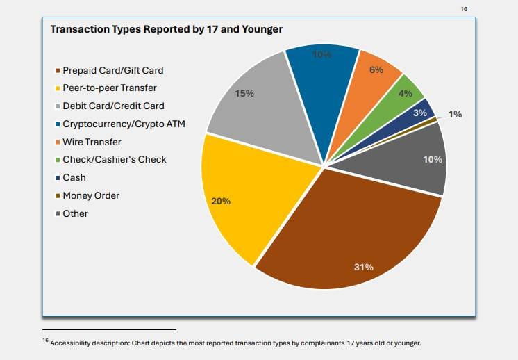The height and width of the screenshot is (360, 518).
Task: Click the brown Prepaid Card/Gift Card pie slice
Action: pos(347,229)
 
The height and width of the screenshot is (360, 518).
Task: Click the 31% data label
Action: pos(364,267)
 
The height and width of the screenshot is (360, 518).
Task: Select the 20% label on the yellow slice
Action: pos(221,202)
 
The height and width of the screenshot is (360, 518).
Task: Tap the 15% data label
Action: pos(244,93)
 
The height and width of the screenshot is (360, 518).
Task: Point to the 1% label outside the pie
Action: pos(455,114)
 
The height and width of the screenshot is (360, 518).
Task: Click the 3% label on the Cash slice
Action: pos(420,113)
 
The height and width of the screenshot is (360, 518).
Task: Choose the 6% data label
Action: pos(376,70)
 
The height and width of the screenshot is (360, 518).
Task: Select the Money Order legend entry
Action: pos(91,196)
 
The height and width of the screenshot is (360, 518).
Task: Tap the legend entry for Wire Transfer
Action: pos(91,142)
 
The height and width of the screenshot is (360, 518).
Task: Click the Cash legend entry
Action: pos(74,178)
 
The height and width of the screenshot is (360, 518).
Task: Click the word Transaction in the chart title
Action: pos(77,29)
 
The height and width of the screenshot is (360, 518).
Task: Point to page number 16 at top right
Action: pos(465,8)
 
